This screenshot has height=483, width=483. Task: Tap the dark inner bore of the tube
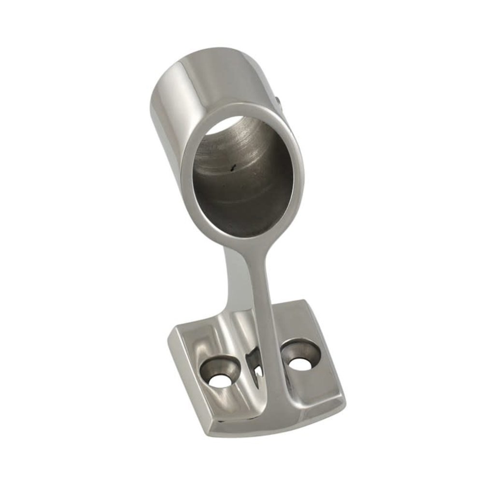241,193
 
